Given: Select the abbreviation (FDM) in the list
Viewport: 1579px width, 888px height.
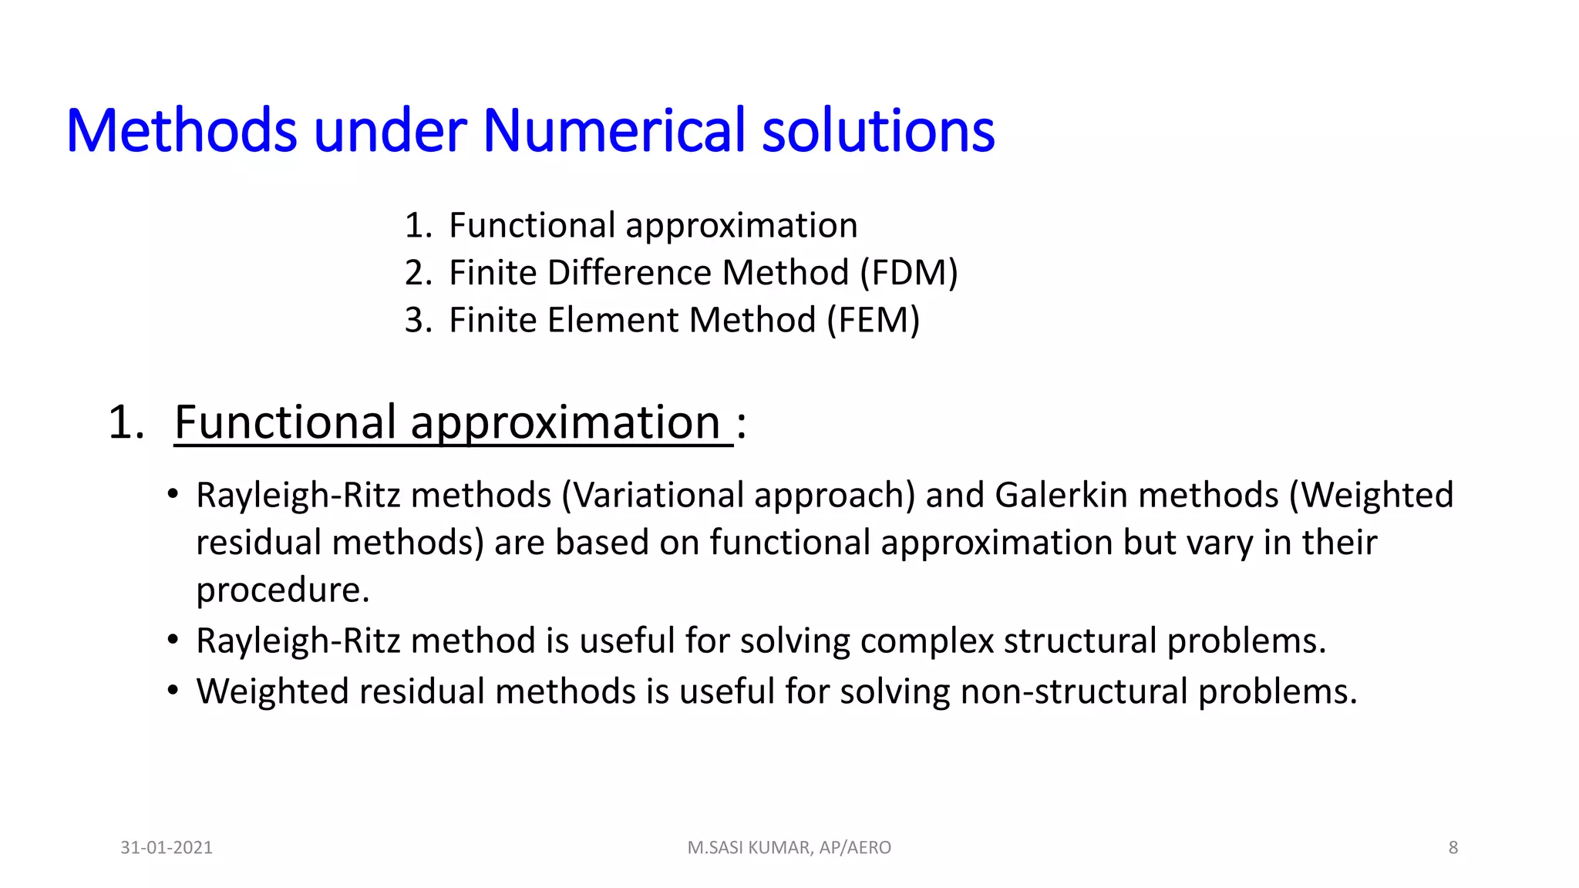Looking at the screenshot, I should [908, 273].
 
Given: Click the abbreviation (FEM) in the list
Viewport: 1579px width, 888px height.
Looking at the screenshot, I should [873, 320].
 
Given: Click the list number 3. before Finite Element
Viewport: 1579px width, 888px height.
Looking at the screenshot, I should [418, 320].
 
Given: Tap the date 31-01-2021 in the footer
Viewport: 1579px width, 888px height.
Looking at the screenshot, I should [167, 848].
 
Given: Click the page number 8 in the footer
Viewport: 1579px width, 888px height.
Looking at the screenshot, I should [1453, 848].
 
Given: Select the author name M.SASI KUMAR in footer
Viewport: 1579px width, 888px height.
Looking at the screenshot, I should [749, 848].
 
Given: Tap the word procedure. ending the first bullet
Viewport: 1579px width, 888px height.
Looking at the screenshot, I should [283, 590].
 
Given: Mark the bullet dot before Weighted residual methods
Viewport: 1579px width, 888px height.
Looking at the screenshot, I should [173, 690].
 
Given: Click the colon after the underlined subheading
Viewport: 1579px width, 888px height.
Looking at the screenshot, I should [741, 424].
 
